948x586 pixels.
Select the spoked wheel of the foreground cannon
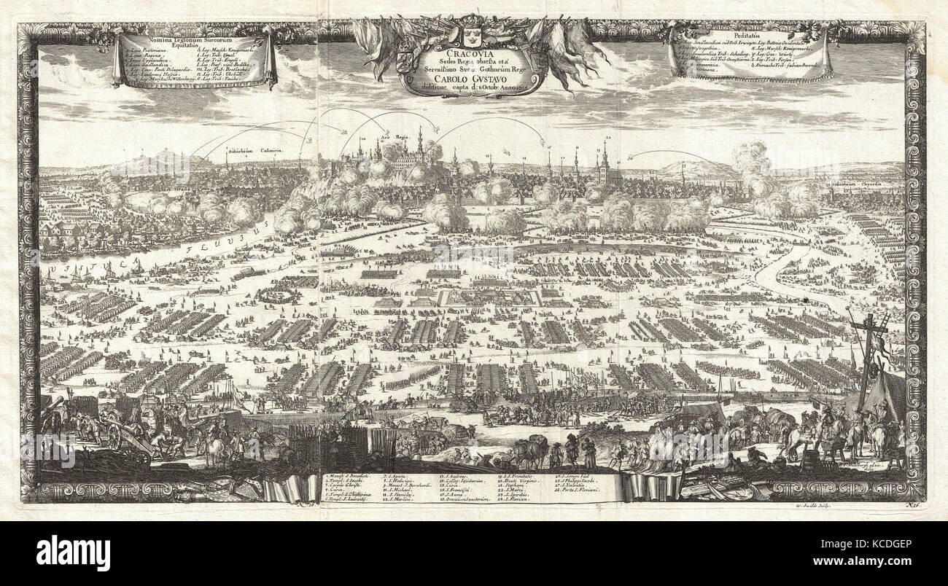click(x=114, y=436)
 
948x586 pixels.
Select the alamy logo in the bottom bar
click(x=73, y=552)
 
